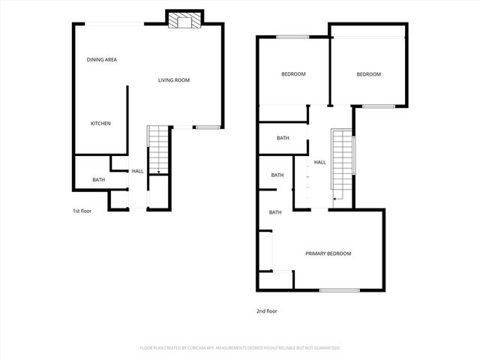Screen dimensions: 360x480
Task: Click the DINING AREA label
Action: [x=102, y=60]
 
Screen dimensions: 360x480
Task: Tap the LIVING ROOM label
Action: [x=173, y=80]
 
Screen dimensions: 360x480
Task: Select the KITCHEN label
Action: [x=101, y=124]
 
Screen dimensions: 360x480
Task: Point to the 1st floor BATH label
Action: [x=99, y=180]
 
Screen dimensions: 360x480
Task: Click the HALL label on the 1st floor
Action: [x=138, y=171]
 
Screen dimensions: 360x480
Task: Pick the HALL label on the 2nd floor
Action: [x=320, y=162]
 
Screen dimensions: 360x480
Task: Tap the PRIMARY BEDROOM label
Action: [x=328, y=253]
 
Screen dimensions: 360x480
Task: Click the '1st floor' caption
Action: [x=82, y=211]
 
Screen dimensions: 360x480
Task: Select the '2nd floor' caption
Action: [x=266, y=310]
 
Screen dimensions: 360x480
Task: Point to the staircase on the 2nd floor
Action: [x=342, y=165]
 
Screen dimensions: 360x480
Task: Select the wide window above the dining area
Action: [x=113, y=25]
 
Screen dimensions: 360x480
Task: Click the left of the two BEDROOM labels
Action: [x=293, y=74]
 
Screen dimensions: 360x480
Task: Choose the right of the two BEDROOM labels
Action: [x=368, y=74]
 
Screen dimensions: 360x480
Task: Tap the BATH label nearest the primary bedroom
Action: [x=275, y=212]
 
